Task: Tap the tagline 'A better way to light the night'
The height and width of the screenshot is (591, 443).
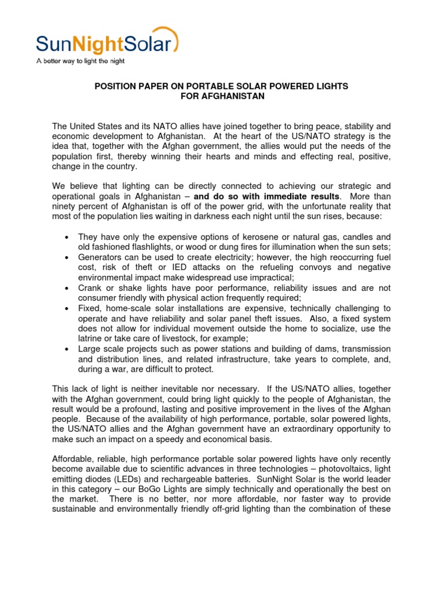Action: (80, 61)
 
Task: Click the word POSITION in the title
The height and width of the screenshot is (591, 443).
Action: (114, 86)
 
